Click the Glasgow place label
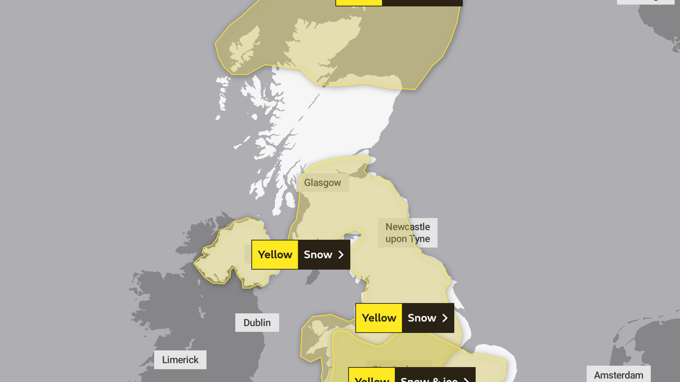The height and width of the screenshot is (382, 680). tap(322, 183)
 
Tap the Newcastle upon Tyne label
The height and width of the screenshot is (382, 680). tap(407, 233)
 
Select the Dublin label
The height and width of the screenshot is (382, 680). tap(257, 323)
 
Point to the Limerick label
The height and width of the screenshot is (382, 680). tap(180, 360)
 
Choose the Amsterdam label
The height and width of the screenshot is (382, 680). tap(618, 375)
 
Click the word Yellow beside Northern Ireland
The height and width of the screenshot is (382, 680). tap(275, 255)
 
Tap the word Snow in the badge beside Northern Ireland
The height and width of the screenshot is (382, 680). tap(318, 255)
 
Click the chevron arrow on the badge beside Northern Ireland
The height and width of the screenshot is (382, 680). tap(341, 255)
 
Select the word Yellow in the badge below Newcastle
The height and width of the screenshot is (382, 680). tap(379, 318)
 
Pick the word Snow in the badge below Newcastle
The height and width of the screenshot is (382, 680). tap(422, 318)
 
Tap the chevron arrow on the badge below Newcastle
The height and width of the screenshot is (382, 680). tap(445, 318)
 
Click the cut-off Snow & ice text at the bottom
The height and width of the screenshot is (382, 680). tap(429, 379)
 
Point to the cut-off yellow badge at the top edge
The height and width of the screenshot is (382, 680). tap(359, 2)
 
